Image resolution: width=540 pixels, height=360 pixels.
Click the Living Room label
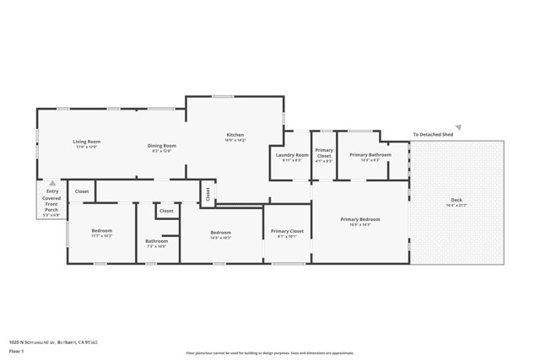click(86, 142)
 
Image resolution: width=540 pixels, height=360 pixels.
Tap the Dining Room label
click(162, 146)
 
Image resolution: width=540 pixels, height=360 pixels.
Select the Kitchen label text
click(235, 135)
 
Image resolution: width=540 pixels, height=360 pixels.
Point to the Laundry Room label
click(292, 155)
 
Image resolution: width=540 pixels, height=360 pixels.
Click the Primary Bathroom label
click(370, 155)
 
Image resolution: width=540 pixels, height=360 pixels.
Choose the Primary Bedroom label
click(360, 220)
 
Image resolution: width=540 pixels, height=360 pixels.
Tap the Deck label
click(456, 200)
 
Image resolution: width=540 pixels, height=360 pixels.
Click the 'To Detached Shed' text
click(433, 134)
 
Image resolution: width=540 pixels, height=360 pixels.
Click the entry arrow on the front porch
click(52, 183)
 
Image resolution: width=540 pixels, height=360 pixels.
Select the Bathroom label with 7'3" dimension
click(156, 241)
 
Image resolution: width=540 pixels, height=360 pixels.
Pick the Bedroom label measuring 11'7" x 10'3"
click(101, 231)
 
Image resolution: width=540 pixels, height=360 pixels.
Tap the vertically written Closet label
click(207, 193)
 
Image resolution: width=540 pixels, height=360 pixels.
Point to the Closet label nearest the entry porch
click(82, 192)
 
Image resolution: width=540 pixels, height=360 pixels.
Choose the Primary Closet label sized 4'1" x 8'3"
click(324, 153)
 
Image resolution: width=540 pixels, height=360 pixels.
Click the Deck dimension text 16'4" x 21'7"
click(456, 206)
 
